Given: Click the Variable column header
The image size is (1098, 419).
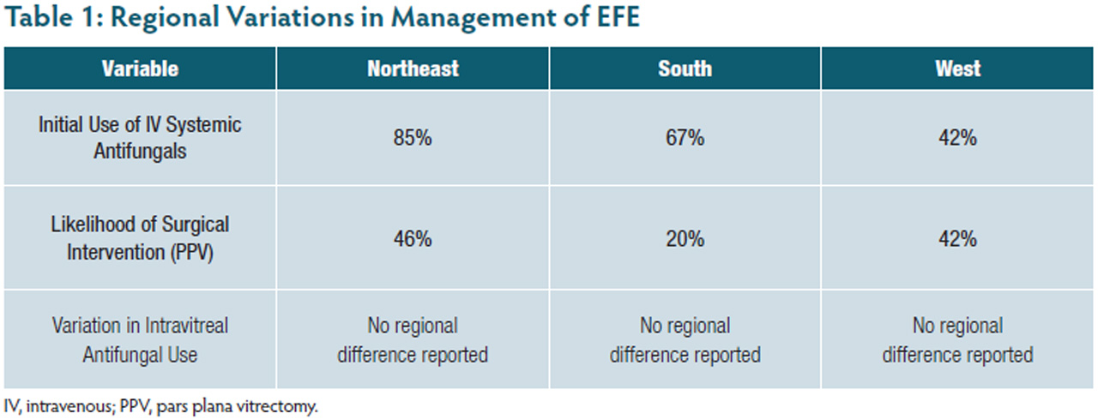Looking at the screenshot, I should coord(140,69).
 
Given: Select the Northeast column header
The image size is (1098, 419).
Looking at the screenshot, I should coord(413,69).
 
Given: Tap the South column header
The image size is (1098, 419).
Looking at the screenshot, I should coord(685,69).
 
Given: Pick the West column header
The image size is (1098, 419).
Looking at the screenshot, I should coord(957,69).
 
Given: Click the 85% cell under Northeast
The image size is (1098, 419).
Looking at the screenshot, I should coord(413,137).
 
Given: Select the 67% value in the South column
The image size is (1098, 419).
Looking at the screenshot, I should coord(685,137).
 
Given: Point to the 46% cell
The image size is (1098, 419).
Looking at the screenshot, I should coord(413,238).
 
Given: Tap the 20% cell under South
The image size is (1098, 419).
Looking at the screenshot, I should coord(685,238).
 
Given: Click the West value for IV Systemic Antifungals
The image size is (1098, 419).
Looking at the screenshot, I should coord(957,137).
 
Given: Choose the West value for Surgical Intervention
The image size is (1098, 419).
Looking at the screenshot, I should coord(957,238).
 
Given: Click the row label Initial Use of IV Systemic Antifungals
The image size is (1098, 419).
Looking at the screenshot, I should coord(140,137).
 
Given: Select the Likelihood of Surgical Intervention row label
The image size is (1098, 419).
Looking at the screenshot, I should coord(140,238).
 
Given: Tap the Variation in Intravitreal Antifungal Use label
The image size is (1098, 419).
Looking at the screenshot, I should coord(140,339).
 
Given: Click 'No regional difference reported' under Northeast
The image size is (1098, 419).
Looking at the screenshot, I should coord(413,339).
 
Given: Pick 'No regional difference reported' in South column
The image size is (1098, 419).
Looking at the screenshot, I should coord(685,339).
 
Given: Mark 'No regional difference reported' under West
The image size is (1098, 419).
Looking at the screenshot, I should coord(957,339).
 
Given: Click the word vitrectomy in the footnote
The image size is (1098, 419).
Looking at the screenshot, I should coord(285,405).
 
